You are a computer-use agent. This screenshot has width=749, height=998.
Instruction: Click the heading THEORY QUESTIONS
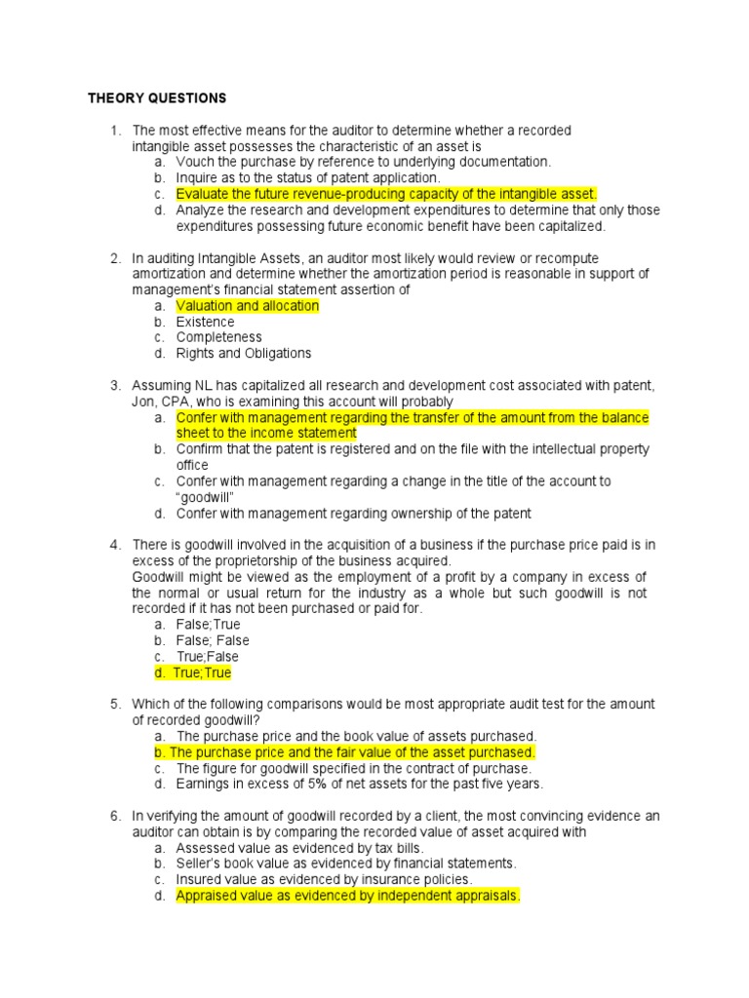point(156,98)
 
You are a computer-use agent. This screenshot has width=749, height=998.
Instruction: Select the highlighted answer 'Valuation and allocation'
point(247,306)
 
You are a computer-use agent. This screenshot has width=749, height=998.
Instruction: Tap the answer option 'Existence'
point(205,322)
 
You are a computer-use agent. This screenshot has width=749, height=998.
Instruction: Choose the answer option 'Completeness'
point(218,337)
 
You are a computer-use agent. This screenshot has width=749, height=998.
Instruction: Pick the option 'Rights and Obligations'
point(243,353)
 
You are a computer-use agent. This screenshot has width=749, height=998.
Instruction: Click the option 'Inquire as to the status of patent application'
point(308,178)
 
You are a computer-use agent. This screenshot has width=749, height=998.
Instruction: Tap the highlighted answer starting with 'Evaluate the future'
point(385,194)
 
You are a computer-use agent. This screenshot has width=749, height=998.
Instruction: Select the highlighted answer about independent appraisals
point(347,896)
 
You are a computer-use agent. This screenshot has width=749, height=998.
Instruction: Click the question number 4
point(114,545)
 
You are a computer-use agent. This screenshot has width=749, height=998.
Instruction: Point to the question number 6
point(114,816)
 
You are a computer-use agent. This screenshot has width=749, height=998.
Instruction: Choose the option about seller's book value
point(345,864)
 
